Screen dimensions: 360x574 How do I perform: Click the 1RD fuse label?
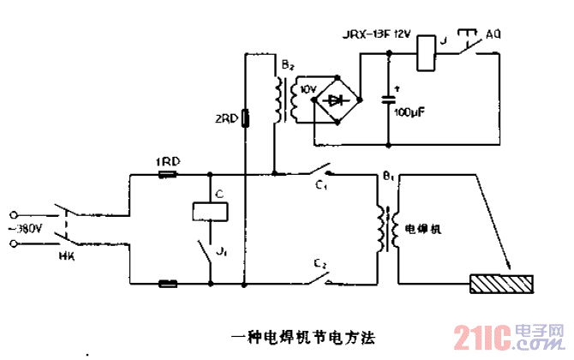click(167, 162)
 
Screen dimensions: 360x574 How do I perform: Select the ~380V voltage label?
click(26, 229)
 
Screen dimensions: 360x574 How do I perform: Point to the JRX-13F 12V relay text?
click(377, 34)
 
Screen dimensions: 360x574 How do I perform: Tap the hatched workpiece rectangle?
click(501, 282)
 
